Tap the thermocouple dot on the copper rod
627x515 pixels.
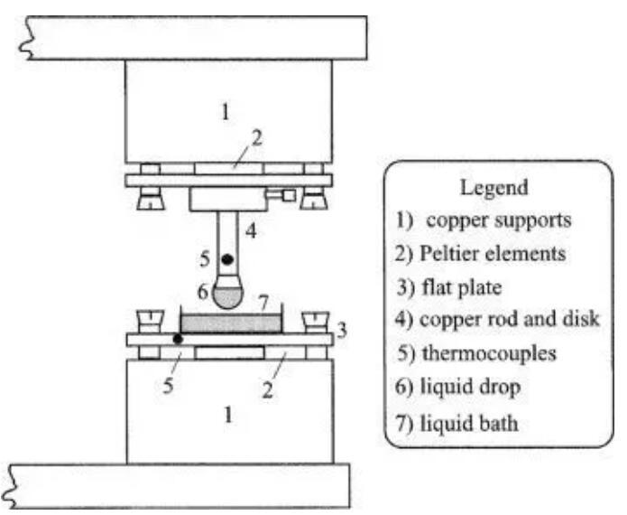point(227,260)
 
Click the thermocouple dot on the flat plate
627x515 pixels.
point(179,339)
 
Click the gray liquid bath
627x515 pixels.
point(232,321)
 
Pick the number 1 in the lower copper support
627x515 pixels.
point(228,416)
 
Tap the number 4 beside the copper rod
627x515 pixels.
point(250,231)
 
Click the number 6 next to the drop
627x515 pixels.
point(203,292)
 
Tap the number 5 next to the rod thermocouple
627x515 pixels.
point(206,260)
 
